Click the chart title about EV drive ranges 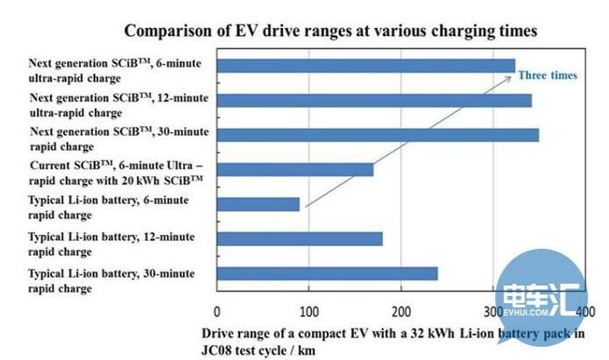pyautogui.click(x=329, y=31)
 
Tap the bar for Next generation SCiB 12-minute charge pyautogui.click(x=373, y=100)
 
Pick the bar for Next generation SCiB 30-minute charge pyautogui.click(x=377, y=134)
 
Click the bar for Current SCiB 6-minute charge pyautogui.click(x=294, y=169)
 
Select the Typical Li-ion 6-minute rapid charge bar pyautogui.click(x=258, y=204)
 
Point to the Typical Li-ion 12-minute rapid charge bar pyautogui.click(x=299, y=239)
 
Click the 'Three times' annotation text pyautogui.click(x=547, y=75)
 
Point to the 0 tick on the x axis pyautogui.click(x=216, y=312)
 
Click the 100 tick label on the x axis pyautogui.click(x=308, y=312)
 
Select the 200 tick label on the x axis pyautogui.click(x=400, y=312)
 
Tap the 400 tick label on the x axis pyautogui.click(x=585, y=312)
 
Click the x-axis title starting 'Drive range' pyautogui.click(x=393, y=341)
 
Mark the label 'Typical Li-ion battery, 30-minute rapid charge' pyautogui.click(x=111, y=281)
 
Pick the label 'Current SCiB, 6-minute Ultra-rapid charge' pyautogui.click(x=117, y=172)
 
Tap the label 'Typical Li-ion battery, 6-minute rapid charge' pyautogui.click(x=109, y=208)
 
